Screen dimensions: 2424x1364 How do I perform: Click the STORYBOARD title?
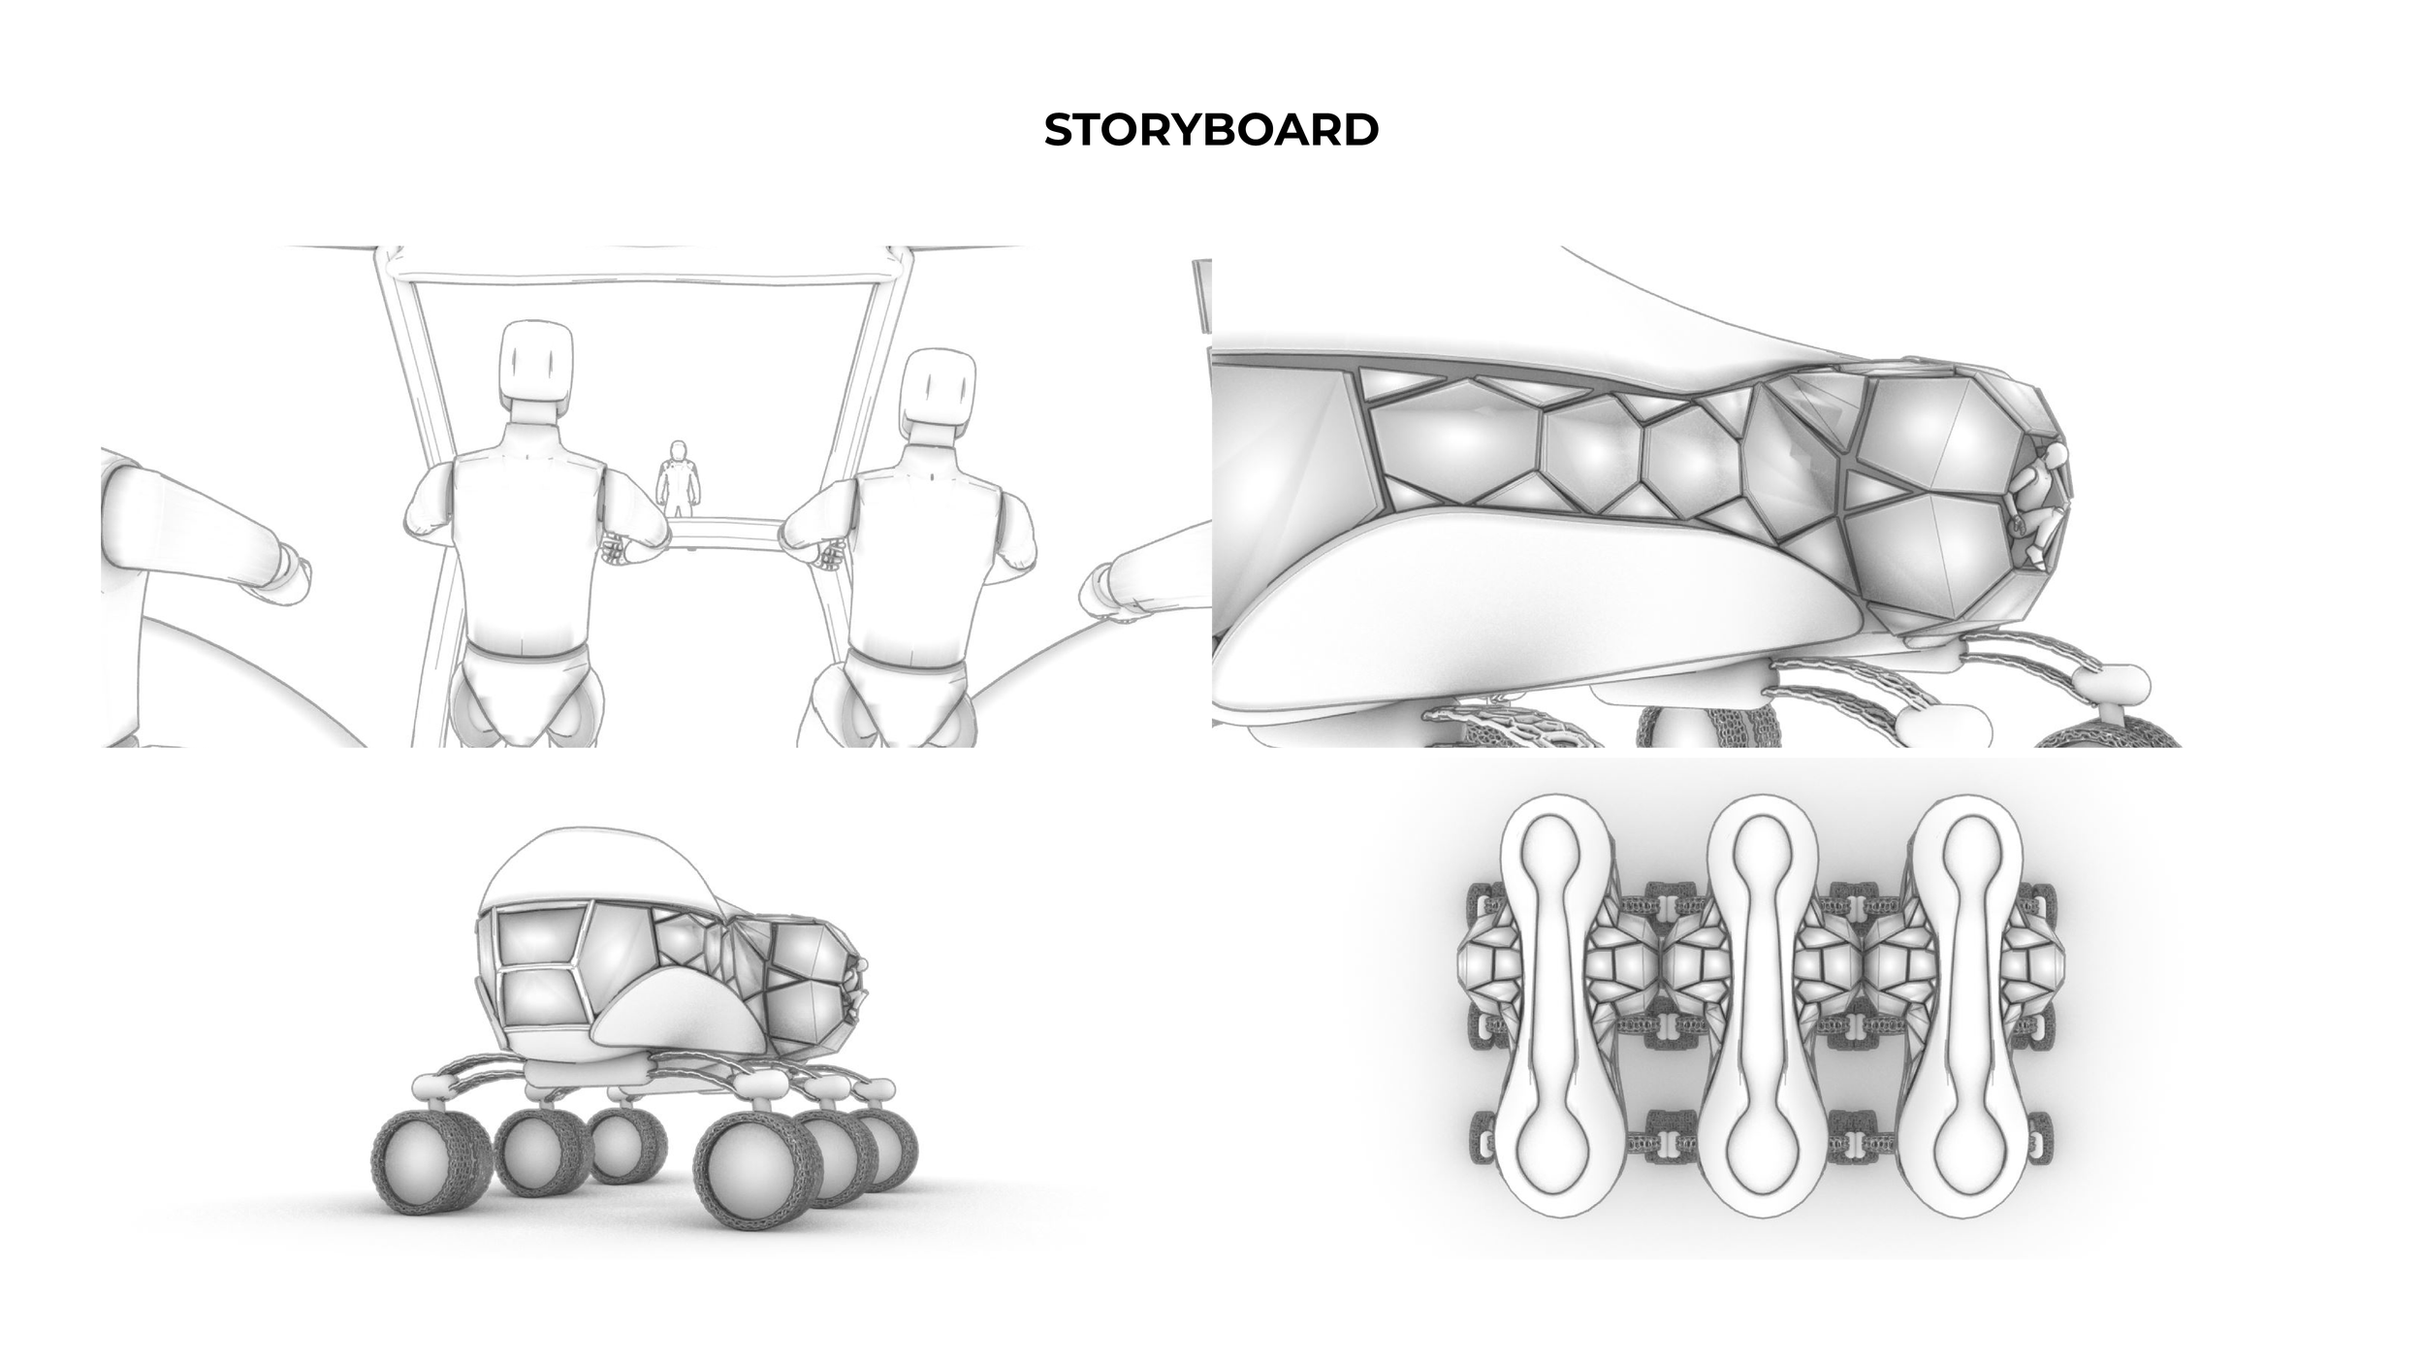click(1211, 130)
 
